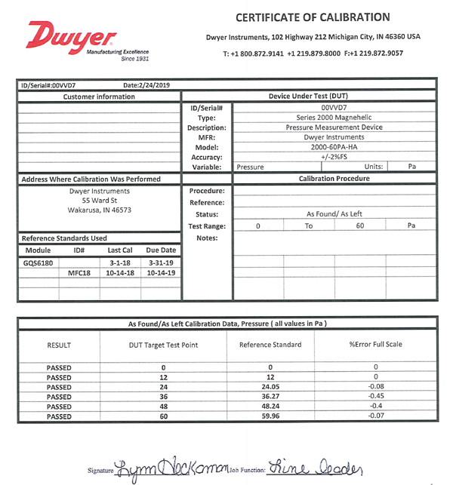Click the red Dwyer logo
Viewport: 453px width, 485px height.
(x=71, y=38)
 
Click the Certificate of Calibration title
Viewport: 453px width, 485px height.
(x=313, y=17)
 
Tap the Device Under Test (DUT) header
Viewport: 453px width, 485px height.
(x=308, y=97)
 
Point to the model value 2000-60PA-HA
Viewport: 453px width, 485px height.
(x=334, y=147)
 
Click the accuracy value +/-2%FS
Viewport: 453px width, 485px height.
(x=334, y=157)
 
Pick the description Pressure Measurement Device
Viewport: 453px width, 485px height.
(x=334, y=127)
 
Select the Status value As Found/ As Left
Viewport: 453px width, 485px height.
(x=334, y=214)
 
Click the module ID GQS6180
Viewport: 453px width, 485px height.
(x=38, y=262)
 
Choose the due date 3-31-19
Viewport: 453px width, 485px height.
(x=161, y=262)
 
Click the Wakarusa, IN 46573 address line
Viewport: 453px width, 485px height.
(x=99, y=210)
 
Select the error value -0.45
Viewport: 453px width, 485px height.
(x=374, y=397)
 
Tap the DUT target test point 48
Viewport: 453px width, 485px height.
(x=162, y=407)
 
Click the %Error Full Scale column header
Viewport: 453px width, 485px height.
(x=374, y=345)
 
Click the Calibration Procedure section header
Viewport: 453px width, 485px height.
(x=334, y=179)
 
